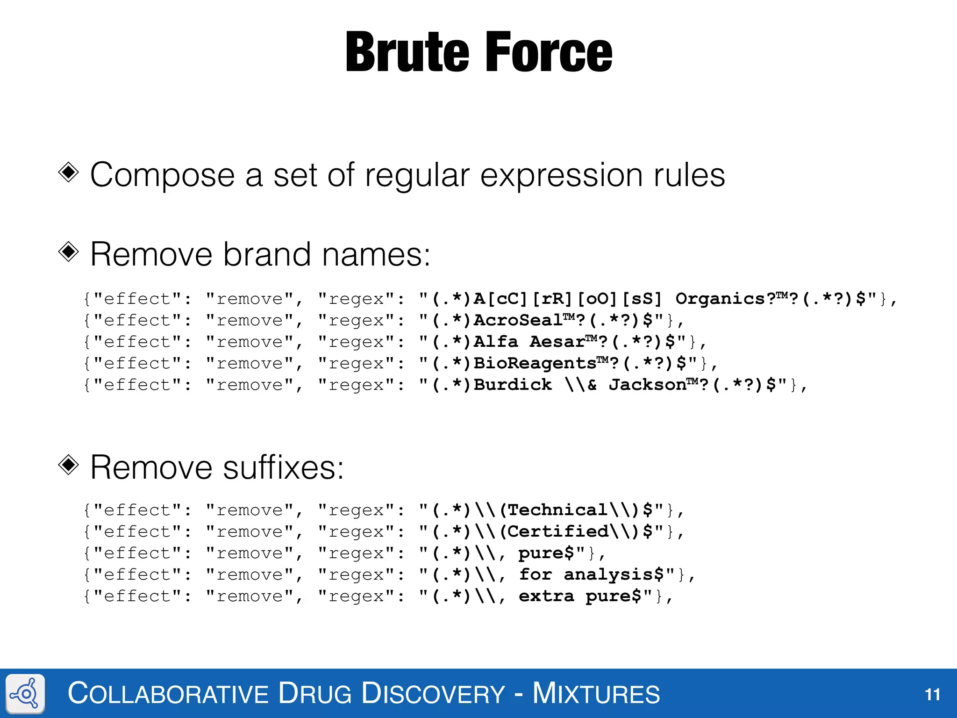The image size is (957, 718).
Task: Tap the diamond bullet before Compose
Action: click(69, 172)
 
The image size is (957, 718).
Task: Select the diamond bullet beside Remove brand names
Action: click(69, 252)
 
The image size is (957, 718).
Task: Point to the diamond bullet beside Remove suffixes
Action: click(69, 465)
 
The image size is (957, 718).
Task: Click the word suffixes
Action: click(283, 467)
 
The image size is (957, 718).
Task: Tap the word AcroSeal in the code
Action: click(518, 320)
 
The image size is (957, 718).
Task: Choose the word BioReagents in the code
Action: click(535, 363)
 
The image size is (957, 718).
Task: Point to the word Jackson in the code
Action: click(647, 385)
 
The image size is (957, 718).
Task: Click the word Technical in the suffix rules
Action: click(557, 510)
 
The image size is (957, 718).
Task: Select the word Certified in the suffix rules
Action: click(557, 531)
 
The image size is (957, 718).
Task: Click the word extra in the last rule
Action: click(546, 596)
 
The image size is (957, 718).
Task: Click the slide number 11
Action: click(932, 694)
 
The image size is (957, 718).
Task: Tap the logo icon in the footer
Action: click(26, 694)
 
